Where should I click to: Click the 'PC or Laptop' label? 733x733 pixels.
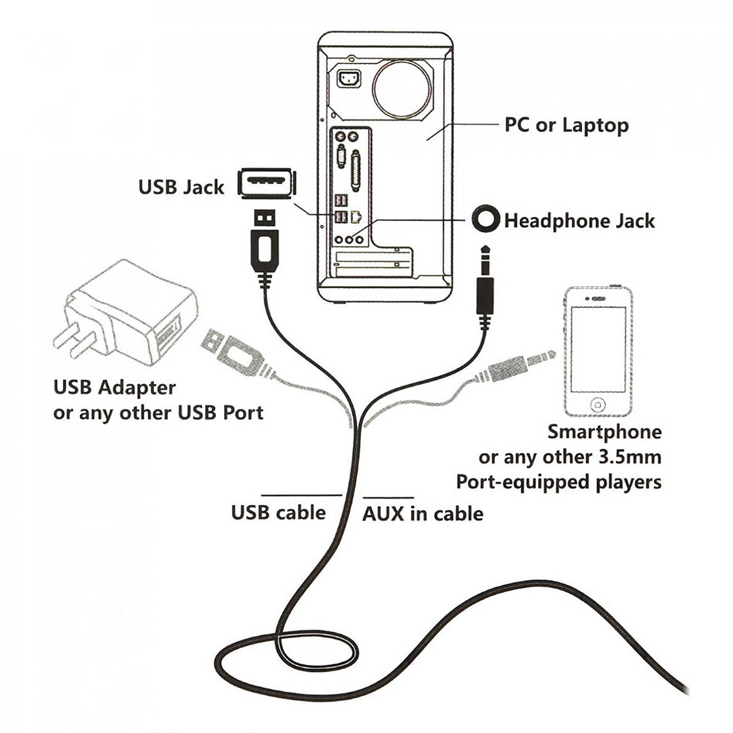tap(566, 125)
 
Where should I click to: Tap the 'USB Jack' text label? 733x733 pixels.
tap(181, 187)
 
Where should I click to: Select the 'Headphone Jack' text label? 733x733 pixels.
tap(579, 221)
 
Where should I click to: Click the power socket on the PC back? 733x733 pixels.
tap(349, 79)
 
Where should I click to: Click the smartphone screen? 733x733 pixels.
tap(598, 349)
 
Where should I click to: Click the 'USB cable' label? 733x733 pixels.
tap(278, 512)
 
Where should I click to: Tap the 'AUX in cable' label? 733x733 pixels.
tap(422, 514)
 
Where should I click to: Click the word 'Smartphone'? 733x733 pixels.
tap(604, 432)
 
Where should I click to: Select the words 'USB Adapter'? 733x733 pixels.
tap(114, 388)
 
